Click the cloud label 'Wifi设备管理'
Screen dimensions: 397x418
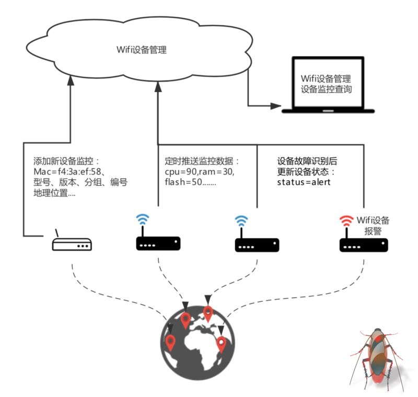(x=142, y=50)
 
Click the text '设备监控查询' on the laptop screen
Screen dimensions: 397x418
(x=327, y=90)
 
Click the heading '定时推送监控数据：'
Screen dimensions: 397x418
(x=201, y=161)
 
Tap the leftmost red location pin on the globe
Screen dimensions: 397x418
(x=170, y=343)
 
